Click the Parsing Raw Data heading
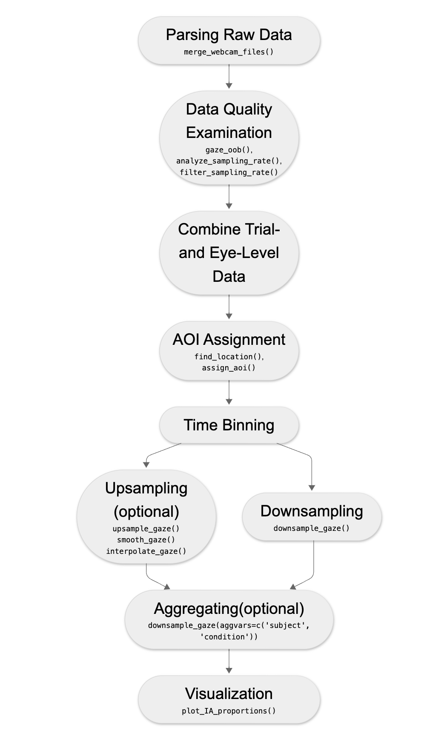pos(229,35)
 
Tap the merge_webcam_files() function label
pos(229,52)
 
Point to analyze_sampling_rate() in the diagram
pos(229,161)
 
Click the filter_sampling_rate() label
pos(229,172)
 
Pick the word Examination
pos(229,133)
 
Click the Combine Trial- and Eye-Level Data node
pos(229,253)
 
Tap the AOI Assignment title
pos(229,340)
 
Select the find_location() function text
pos(229,357)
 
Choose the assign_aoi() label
pos(229,368)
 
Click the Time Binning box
pos(229,425)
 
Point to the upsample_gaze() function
pos(146,529)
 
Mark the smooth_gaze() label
pos(146,540)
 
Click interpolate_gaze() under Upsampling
pos(146,551)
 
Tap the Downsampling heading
pos(312,511)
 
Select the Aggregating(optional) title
pos(229,609)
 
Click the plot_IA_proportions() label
pos(229,711)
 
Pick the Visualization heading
pos(229,694)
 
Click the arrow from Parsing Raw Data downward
pos(229,77)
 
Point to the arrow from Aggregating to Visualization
pos(229,661)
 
